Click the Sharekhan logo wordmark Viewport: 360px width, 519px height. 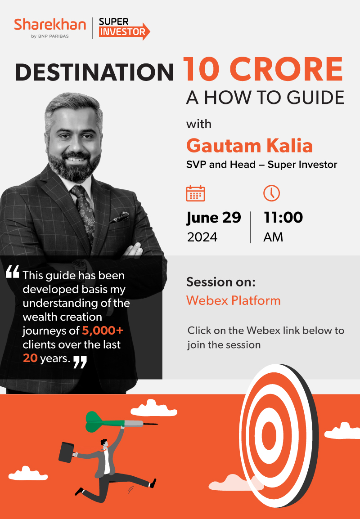pos(50,25)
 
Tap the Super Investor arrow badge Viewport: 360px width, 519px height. pos(125,28)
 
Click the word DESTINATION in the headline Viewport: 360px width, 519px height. pos(94,72)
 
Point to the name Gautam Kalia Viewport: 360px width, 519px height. pos(249,145)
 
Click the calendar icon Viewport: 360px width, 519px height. pos(195,193)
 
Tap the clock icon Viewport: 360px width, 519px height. pos(271,193)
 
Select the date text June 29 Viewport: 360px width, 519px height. pos(214,218)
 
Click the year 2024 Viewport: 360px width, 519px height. pos(202,237)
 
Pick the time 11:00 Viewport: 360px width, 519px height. pos(283,217)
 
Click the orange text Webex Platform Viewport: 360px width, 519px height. pos(233,300)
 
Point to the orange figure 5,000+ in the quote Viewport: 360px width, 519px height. pos(103,330)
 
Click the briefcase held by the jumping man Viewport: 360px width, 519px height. pos(67,452)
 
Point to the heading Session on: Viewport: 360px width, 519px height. pos(221,282)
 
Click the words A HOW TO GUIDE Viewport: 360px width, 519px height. pos(265,97)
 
